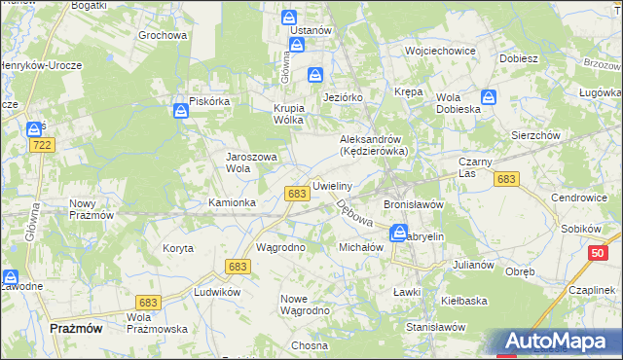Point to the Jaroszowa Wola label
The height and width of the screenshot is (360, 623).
(252, 162)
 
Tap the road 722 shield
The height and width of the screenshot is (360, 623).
(41, 144)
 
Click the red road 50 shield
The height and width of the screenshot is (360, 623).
(599, 253)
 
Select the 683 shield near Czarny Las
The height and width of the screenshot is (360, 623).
(505, 179)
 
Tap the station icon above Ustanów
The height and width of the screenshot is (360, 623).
(290, 18)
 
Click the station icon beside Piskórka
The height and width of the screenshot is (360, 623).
(182, 113)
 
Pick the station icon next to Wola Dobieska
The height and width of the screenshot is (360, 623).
(489, 97)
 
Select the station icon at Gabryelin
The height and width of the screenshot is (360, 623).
(399, 232)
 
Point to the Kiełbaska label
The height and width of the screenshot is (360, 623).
(464, 301)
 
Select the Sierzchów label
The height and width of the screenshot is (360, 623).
(535, 136)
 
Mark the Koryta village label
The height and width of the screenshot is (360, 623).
(178, 248)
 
